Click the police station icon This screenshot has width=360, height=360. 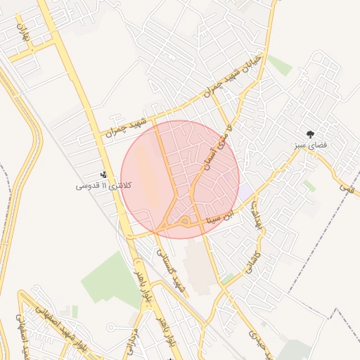(x=103, y=174)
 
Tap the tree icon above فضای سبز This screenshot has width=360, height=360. (x=310, y=134)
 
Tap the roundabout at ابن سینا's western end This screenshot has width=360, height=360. (x=184, y=222)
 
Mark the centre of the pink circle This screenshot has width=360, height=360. (x=180, y=179)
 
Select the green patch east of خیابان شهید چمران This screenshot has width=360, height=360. (x=279, y=65)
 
